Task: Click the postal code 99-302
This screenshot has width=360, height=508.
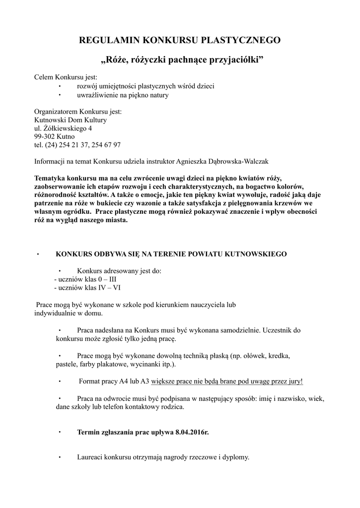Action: pos(44,136)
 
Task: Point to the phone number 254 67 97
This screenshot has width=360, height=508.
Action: pos(106,145)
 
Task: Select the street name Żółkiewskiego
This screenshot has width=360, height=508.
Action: pos(66,128)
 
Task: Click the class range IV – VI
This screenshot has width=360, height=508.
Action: pos(109,287)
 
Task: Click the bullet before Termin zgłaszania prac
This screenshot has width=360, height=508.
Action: pos(59,432)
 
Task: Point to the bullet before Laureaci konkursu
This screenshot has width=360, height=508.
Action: pos(59,457)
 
